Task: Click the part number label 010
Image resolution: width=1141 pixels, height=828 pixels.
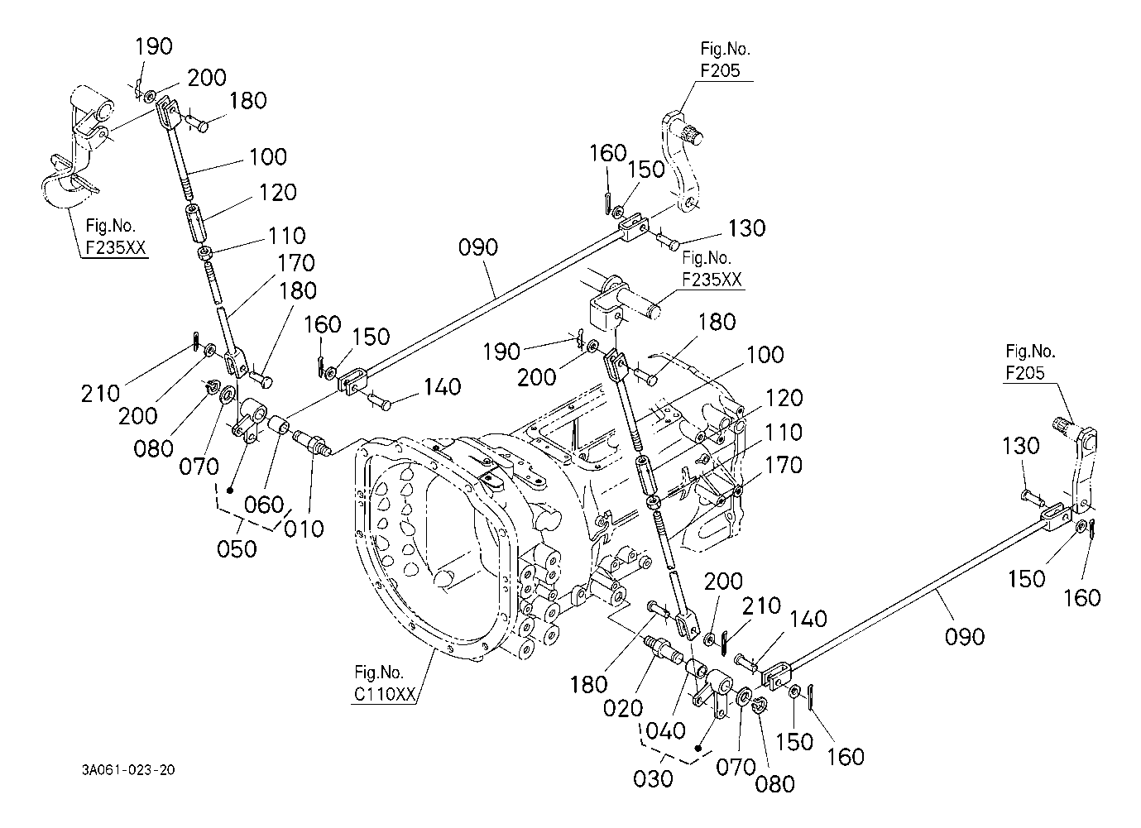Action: click(x=304, y=529)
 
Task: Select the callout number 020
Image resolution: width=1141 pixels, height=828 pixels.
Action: click(x=623, y=708)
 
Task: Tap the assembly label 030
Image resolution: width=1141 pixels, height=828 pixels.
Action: click(x=653, y=778)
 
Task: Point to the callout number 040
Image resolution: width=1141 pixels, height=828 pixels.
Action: click(x=665, y=731)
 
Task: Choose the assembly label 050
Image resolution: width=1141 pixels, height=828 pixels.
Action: click(x=237, y=549)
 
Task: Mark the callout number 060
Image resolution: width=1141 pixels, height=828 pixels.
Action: click(x=263, y=505)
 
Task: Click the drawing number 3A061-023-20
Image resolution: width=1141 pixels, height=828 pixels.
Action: click(x=128, y=769)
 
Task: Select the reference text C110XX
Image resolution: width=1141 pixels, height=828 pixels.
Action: click(x=385, y=694)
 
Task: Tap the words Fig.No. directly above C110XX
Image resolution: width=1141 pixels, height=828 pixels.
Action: click(x=379, y=672)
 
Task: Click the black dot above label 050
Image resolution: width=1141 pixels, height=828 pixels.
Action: click(x=230, y=491)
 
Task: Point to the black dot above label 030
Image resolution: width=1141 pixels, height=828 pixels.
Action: click(x=698, y=749)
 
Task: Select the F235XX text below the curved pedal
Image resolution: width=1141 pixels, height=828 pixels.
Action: click(x=116, y=247)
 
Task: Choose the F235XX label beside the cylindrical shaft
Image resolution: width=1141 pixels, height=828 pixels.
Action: click(x=712, y=280)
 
